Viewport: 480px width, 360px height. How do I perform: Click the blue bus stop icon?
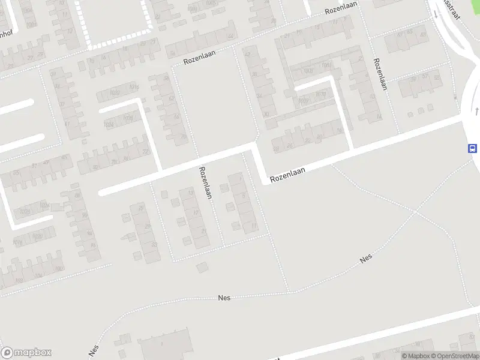(x=473, y=148)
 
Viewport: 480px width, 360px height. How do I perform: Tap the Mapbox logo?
(x=26, y=352)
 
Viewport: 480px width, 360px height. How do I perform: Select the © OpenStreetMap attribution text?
(x=455, y=356)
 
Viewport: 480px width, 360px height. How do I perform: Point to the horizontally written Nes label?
(x=224, y=297)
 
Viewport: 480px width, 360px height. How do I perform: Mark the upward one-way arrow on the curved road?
(x=476, y=110)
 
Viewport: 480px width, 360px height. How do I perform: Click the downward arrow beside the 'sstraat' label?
(x=436, y=14)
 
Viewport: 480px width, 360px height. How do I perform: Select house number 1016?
(x=133, y=88)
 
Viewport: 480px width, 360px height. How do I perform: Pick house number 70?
(x=183, y=136)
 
